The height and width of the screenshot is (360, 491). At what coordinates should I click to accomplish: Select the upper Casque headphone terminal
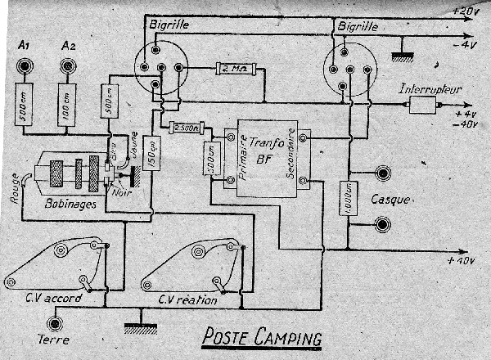pyautogui.click(x=381, y=173)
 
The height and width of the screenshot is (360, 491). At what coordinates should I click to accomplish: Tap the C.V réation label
pyautogui.click(x=187, y=300)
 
